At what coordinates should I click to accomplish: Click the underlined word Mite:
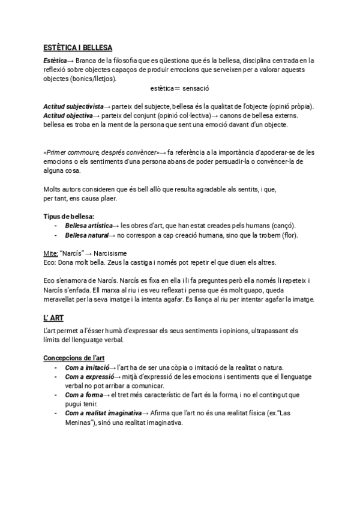click(51, 254)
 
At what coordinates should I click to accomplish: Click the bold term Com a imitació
click(87, 367)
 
